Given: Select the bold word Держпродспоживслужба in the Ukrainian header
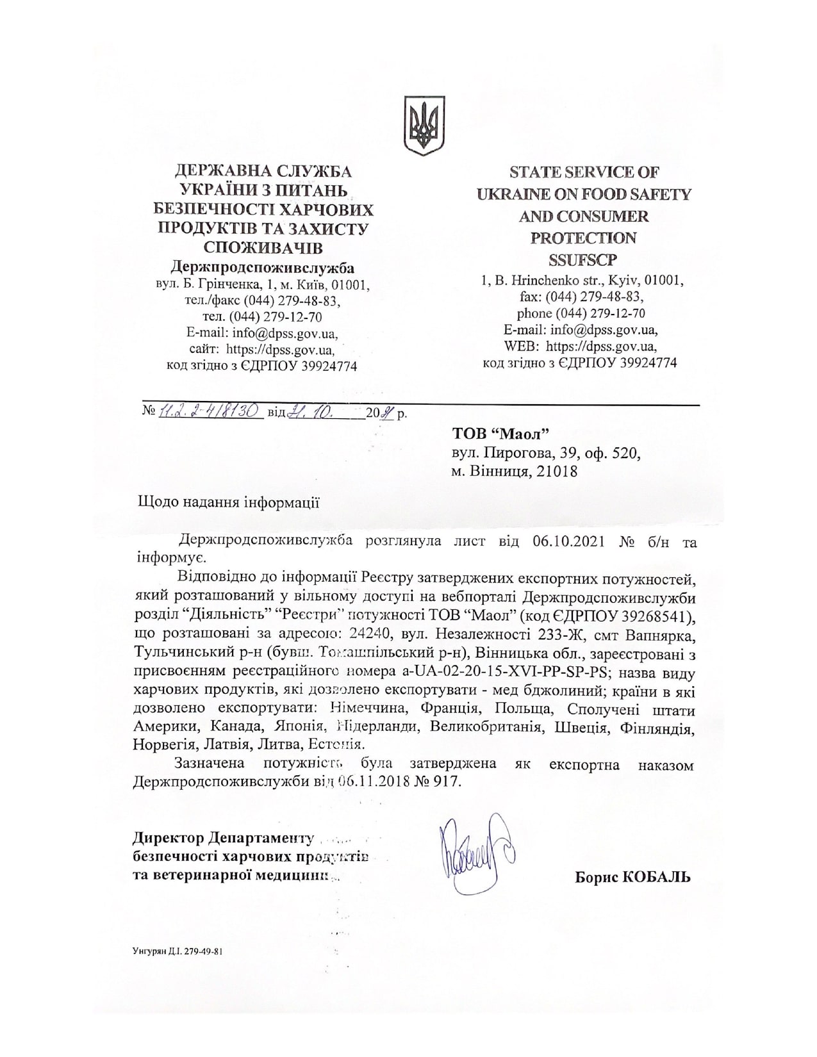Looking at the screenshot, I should (x=263, y=267).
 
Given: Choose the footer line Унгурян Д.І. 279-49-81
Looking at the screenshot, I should (x=178, y=951).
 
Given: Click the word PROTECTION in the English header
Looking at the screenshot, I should (x=584, y=238).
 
